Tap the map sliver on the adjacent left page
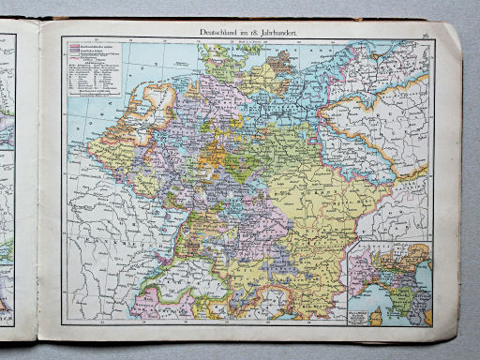click(7, 187)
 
